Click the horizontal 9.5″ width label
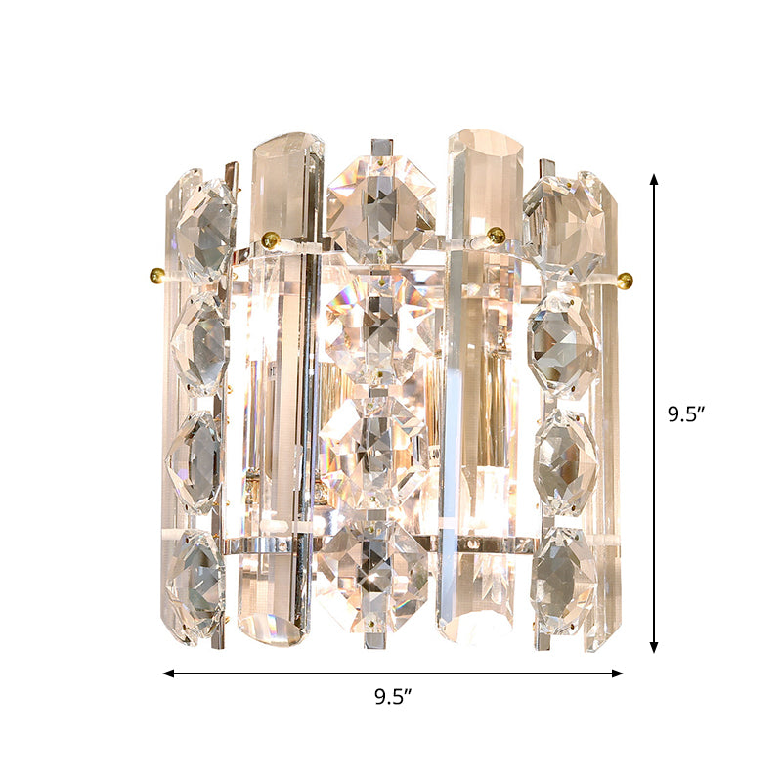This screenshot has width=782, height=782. pyautogui.click(x=393, y=697)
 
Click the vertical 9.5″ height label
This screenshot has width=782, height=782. pyautogui.click(x=686, y=413)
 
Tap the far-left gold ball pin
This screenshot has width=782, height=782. pyautogui.click(x=153, y=273)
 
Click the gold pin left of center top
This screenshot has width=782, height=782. pyautogui.click(x=271, y=239)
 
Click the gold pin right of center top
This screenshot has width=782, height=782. pyautogui.click(x=497, y=235)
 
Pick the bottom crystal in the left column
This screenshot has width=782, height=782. pyautogui.click(x=196, y=585)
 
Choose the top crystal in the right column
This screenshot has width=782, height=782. pyautogui.click(x=565, y=221)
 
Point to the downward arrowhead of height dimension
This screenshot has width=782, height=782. pyautogui.click(x=654, y=648)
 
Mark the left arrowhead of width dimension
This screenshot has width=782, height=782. pyautogui.click(x=168, y=673)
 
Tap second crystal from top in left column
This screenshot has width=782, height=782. pyautogui.click(x=200, y=342)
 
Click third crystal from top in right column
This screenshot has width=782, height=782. pyautogui.click(x=564, y=459)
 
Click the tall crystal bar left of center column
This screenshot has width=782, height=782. pyautogui.click(x=283, y=391)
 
